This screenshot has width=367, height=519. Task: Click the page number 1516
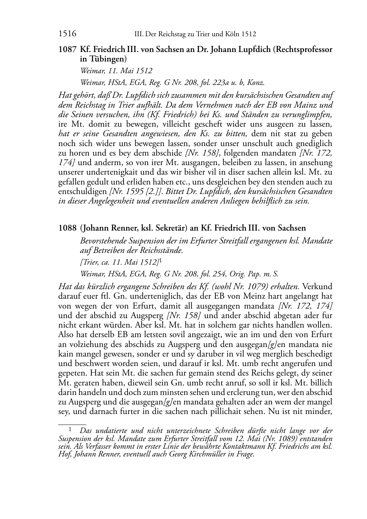67,34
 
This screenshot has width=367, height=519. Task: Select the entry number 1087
67,49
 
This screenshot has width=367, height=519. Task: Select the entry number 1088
67,228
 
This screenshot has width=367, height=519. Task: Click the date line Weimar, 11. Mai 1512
116,71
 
